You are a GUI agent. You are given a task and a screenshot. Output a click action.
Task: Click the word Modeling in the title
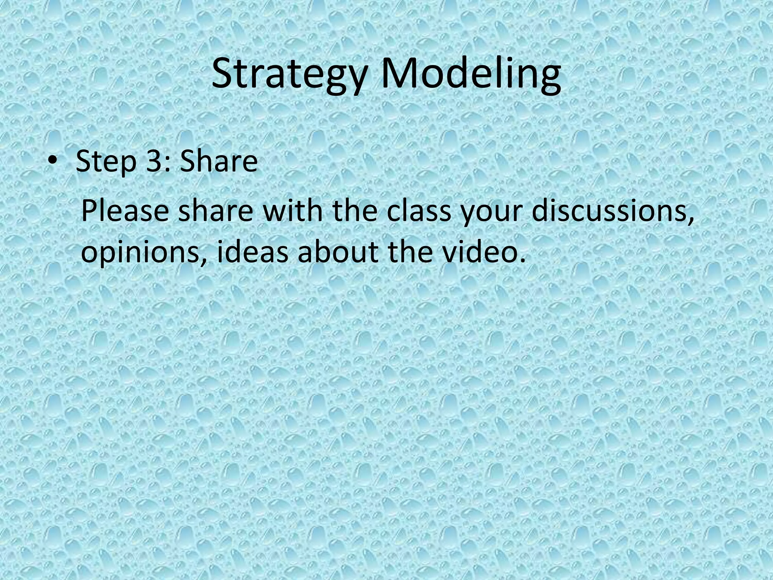[x=470, y=76]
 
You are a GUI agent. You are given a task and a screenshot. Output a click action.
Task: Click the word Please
[x=125, y=211]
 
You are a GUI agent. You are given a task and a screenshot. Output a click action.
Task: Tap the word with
[x=293, y=211]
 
